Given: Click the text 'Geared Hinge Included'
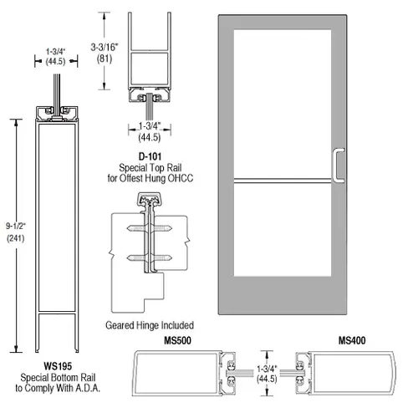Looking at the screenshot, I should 150,324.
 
